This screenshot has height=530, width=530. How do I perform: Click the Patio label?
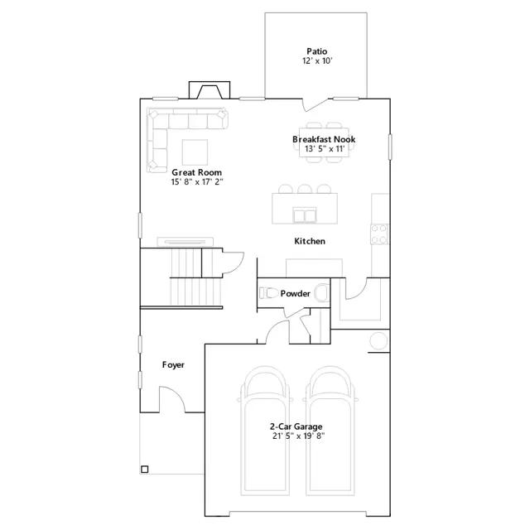pos(316,51)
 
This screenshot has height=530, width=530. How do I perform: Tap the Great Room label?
pos(197,172)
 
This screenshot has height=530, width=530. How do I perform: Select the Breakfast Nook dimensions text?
pos(325,149)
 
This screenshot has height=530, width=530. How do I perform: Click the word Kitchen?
pos(310,241)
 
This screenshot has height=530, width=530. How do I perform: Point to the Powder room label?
pos(295,293)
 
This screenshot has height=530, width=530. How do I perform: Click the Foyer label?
pos(173,365)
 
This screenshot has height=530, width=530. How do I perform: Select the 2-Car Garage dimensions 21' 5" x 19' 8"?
pos(298,436)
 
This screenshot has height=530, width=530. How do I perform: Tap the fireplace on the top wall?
pos(210,90)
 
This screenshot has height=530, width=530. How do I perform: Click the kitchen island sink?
pos(305,215)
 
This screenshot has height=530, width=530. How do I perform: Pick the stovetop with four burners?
pos(379,234)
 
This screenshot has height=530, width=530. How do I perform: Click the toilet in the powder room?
pos(267,292)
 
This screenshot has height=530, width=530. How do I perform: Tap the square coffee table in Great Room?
pos(195,152)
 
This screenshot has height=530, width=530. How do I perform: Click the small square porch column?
pos(145,470)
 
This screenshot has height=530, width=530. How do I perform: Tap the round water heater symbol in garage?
pos(378,340)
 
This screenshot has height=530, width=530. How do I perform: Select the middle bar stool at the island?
pos(305,189)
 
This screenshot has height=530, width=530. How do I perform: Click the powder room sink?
pos(322,292)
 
